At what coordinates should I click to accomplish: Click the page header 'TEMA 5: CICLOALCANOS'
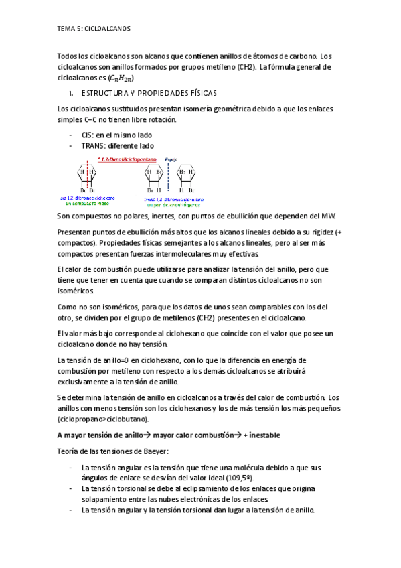(x=94, y=29)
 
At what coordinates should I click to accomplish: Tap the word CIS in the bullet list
(x=88, y=135)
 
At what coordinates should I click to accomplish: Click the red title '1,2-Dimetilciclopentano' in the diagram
(x=127, y=159)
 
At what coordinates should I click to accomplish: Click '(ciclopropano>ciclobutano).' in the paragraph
(x=104, y=419)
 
